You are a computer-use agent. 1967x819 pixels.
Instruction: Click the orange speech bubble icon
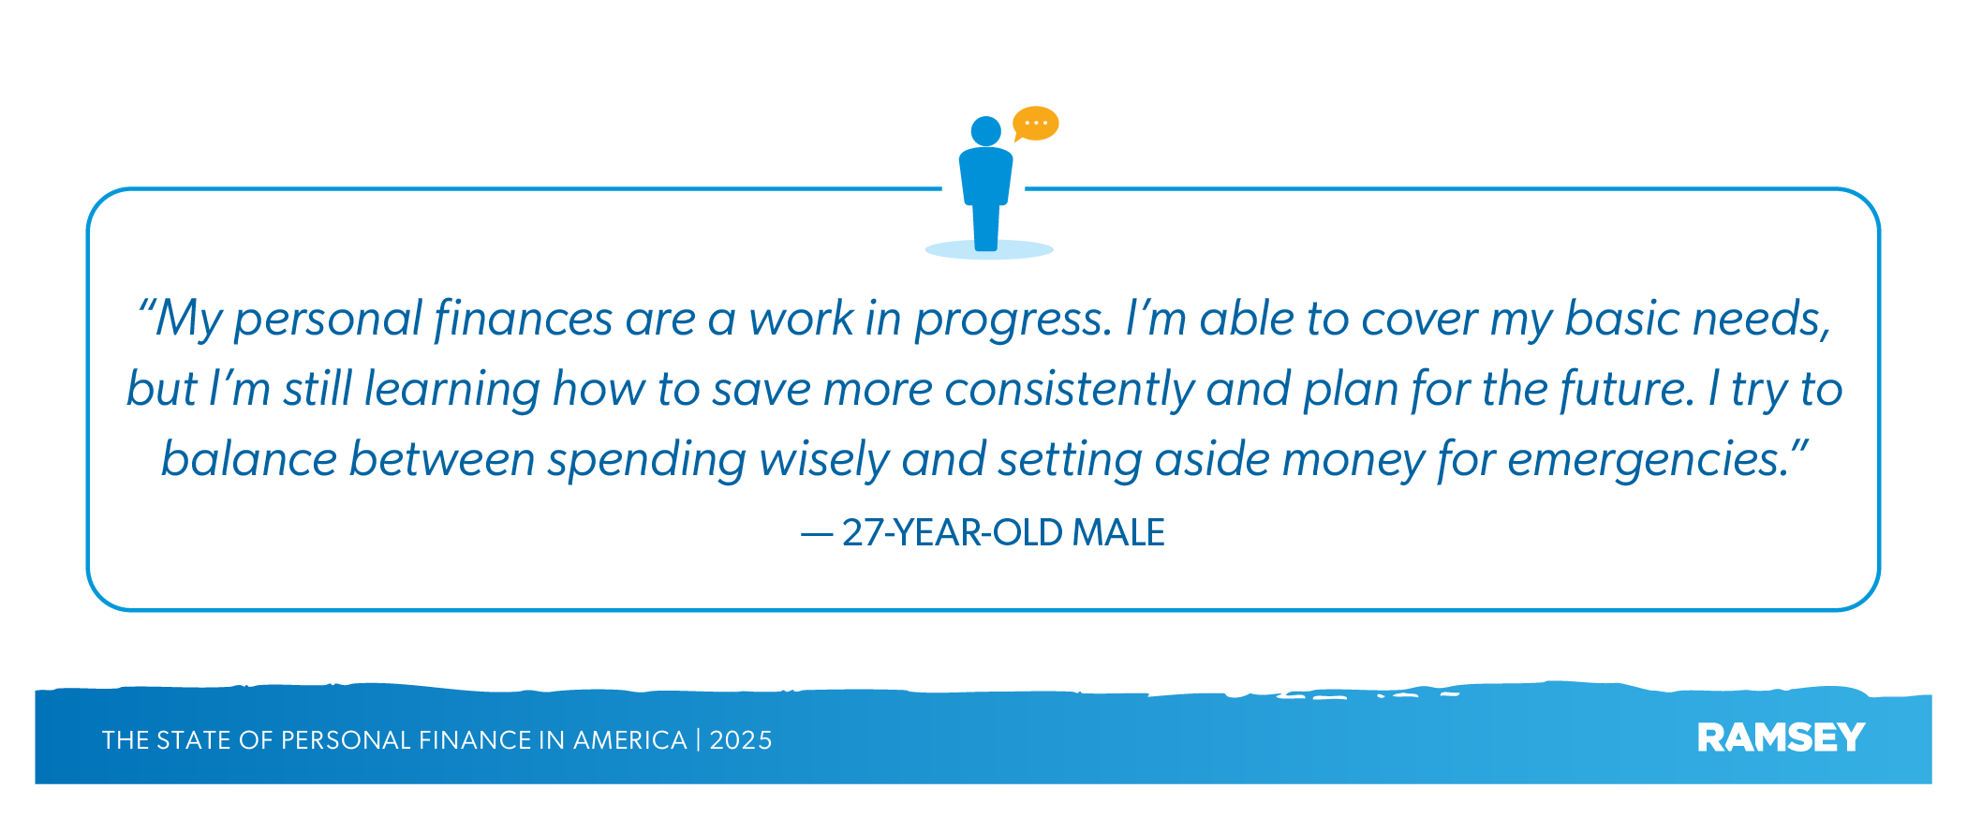point(1036,124)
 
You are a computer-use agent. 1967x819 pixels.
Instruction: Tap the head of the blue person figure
point(986,131)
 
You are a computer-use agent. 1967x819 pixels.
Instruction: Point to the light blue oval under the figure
point(989,249)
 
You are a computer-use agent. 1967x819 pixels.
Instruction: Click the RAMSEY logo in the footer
point(1781,738)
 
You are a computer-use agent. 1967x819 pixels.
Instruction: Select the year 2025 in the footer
point(741,740)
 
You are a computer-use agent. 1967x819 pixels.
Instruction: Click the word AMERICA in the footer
point(630,740)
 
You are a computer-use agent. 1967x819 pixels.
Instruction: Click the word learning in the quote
point(452,389)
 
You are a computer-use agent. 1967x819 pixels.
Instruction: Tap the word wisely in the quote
point(824,460)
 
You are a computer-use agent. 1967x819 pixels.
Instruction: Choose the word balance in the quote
point(249,459)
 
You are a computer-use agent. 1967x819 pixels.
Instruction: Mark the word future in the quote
point(1628,389)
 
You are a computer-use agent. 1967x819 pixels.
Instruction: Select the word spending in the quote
point(647,460)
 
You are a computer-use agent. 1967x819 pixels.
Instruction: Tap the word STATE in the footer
point(194,740)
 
